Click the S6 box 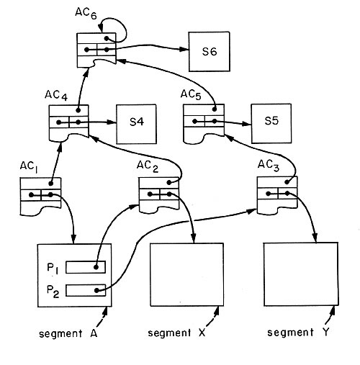click(209, 52)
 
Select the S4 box click(136, 124)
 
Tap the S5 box click(271, 124)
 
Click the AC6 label click(86, 13)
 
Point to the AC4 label click(56, 96)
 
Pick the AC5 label click(191, 94)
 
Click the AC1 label click(29, 166)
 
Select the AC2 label click(148, 166)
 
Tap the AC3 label click(269, 166)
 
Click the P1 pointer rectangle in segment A click(86, 267)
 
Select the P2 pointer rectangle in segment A click(86, 290)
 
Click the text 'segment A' click(68, 333)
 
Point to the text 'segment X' click(176, 333)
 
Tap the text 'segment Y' click(298, 333)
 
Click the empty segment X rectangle click(187, 275)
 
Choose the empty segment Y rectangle click(301, 274)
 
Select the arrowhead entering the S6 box click(184, 50)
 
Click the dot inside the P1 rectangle click(96, 267)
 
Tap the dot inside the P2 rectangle click(96, 290)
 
